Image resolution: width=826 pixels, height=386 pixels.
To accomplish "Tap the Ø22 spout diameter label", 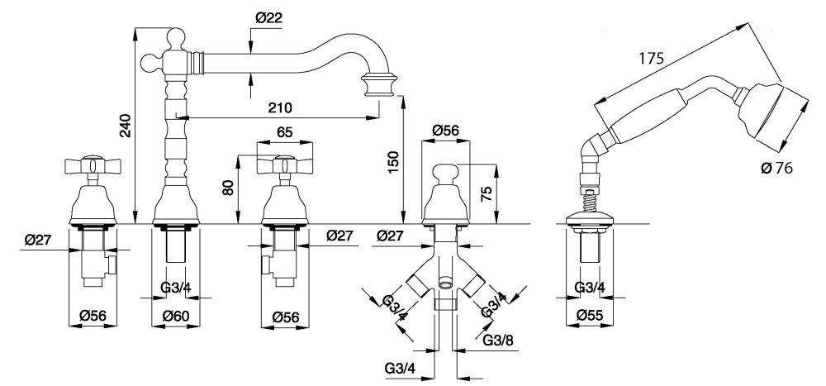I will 268,17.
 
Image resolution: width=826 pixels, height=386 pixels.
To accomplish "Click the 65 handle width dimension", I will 285,131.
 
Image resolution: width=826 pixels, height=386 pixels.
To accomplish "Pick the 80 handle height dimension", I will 229,188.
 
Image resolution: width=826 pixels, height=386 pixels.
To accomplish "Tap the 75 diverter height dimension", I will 488,194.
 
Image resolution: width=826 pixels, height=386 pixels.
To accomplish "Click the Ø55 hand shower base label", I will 590,315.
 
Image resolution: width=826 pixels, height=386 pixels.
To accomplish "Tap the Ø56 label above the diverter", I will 446,131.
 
